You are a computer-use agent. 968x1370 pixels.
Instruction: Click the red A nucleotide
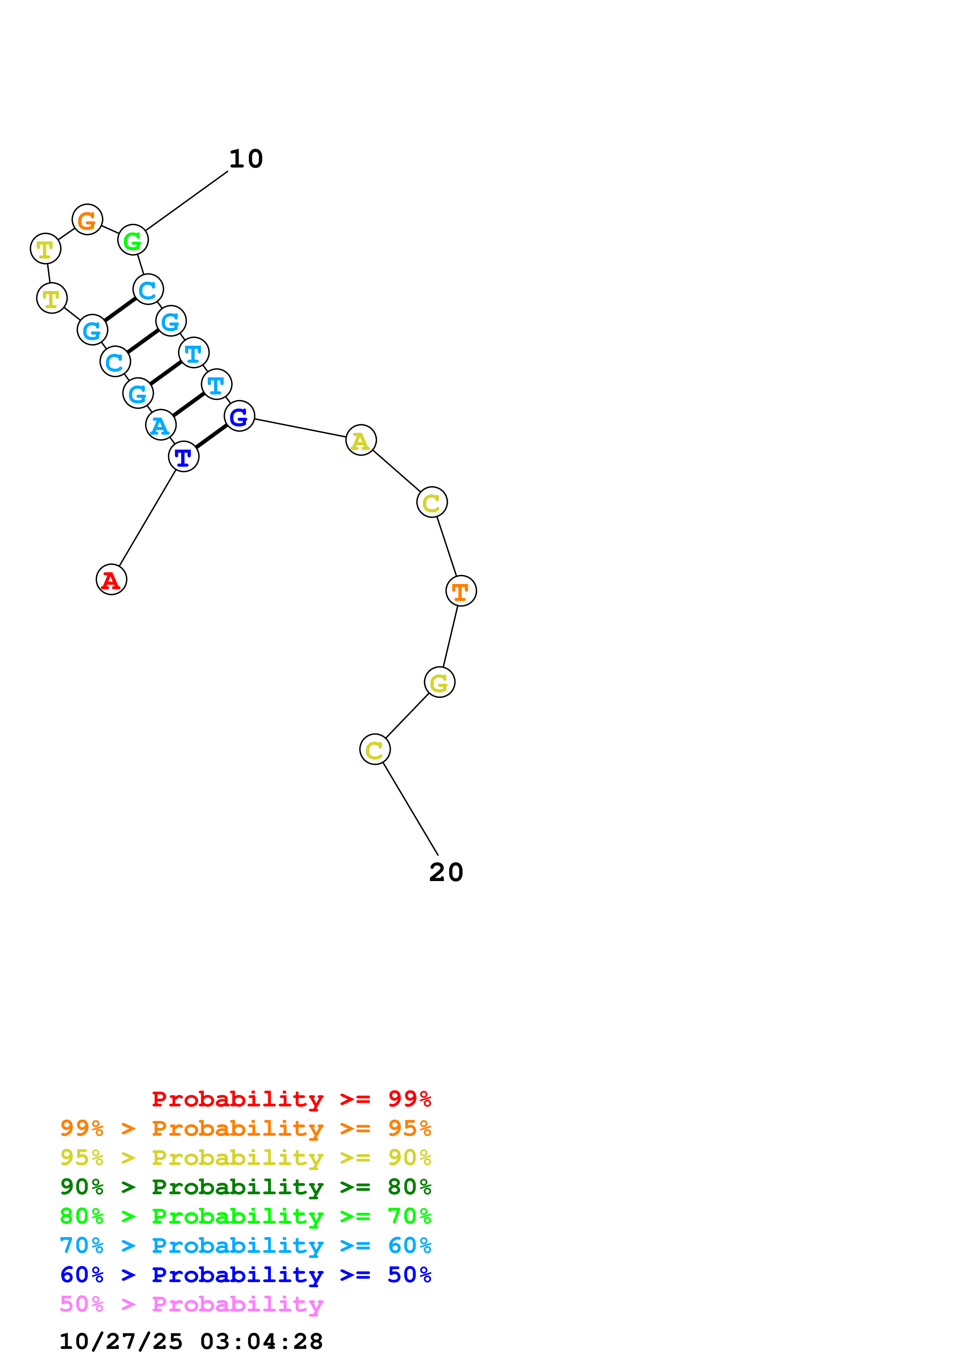coord(112,580)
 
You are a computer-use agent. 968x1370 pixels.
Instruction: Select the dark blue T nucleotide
coord(184,457)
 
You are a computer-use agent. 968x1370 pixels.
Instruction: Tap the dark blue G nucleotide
coord(239,416)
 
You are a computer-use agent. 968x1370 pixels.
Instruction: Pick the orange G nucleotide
coord(87,219)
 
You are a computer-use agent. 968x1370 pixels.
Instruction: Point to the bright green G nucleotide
coord(132,241)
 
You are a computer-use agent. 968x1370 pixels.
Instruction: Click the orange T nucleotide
coord(461,591)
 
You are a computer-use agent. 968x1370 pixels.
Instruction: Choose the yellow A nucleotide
coord(361,441)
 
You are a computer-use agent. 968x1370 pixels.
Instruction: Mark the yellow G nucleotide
coord(440,683)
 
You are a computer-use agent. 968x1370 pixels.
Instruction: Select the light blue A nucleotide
coord(160,425)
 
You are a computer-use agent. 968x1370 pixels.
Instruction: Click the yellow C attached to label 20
coord(374,749)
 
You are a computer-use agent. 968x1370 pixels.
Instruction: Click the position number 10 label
coord(246,159)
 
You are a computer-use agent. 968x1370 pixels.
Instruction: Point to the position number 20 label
coord(446,872)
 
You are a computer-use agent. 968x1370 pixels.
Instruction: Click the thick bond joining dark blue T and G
coord(212,437)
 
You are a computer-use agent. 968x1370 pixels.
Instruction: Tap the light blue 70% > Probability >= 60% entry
coord(246,1246)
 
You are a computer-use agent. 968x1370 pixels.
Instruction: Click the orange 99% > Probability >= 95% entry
coord(246,1128)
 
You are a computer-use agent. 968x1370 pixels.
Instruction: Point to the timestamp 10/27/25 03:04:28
coord(191,1342)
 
